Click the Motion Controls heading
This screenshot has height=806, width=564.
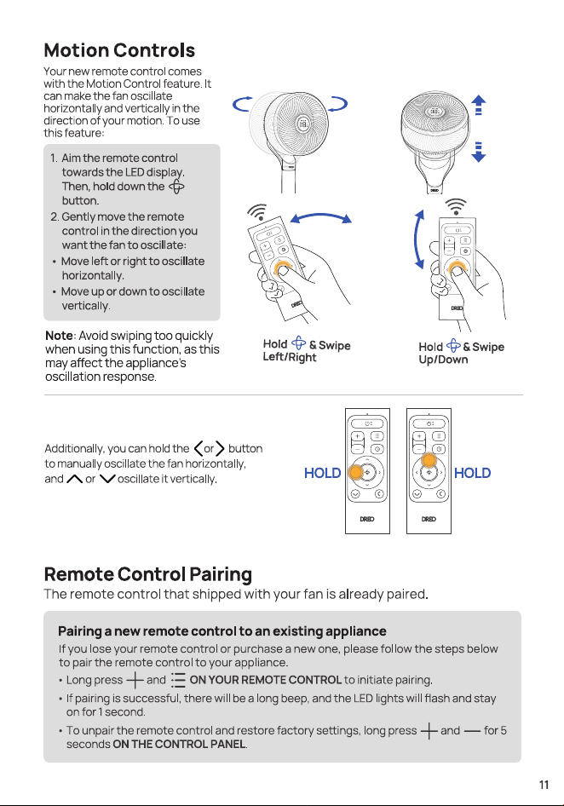(119, 50)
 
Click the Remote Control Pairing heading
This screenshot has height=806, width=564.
(148, 574)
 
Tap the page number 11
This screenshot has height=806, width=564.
(544, 785)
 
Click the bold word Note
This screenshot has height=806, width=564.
(59, 336)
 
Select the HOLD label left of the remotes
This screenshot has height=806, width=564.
(322, 473)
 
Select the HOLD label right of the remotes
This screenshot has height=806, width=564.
(473, 473)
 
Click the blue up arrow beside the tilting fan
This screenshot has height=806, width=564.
(479, 105)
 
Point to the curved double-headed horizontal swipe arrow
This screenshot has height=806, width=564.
(321, 215)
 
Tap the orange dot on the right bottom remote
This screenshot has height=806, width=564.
(429, 459)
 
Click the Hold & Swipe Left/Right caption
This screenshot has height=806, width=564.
(307, 350)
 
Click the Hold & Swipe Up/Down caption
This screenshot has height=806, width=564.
(461, 352)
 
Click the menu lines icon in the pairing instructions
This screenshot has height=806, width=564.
(178, 680)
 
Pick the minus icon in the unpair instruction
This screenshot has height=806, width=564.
(472, 731)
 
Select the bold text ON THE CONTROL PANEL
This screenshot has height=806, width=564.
(179, 745)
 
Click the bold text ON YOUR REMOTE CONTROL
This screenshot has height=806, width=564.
(266, 680)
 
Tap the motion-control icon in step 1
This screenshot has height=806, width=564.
(176, 187)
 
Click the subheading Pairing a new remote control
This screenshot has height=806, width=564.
(222, 631)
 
